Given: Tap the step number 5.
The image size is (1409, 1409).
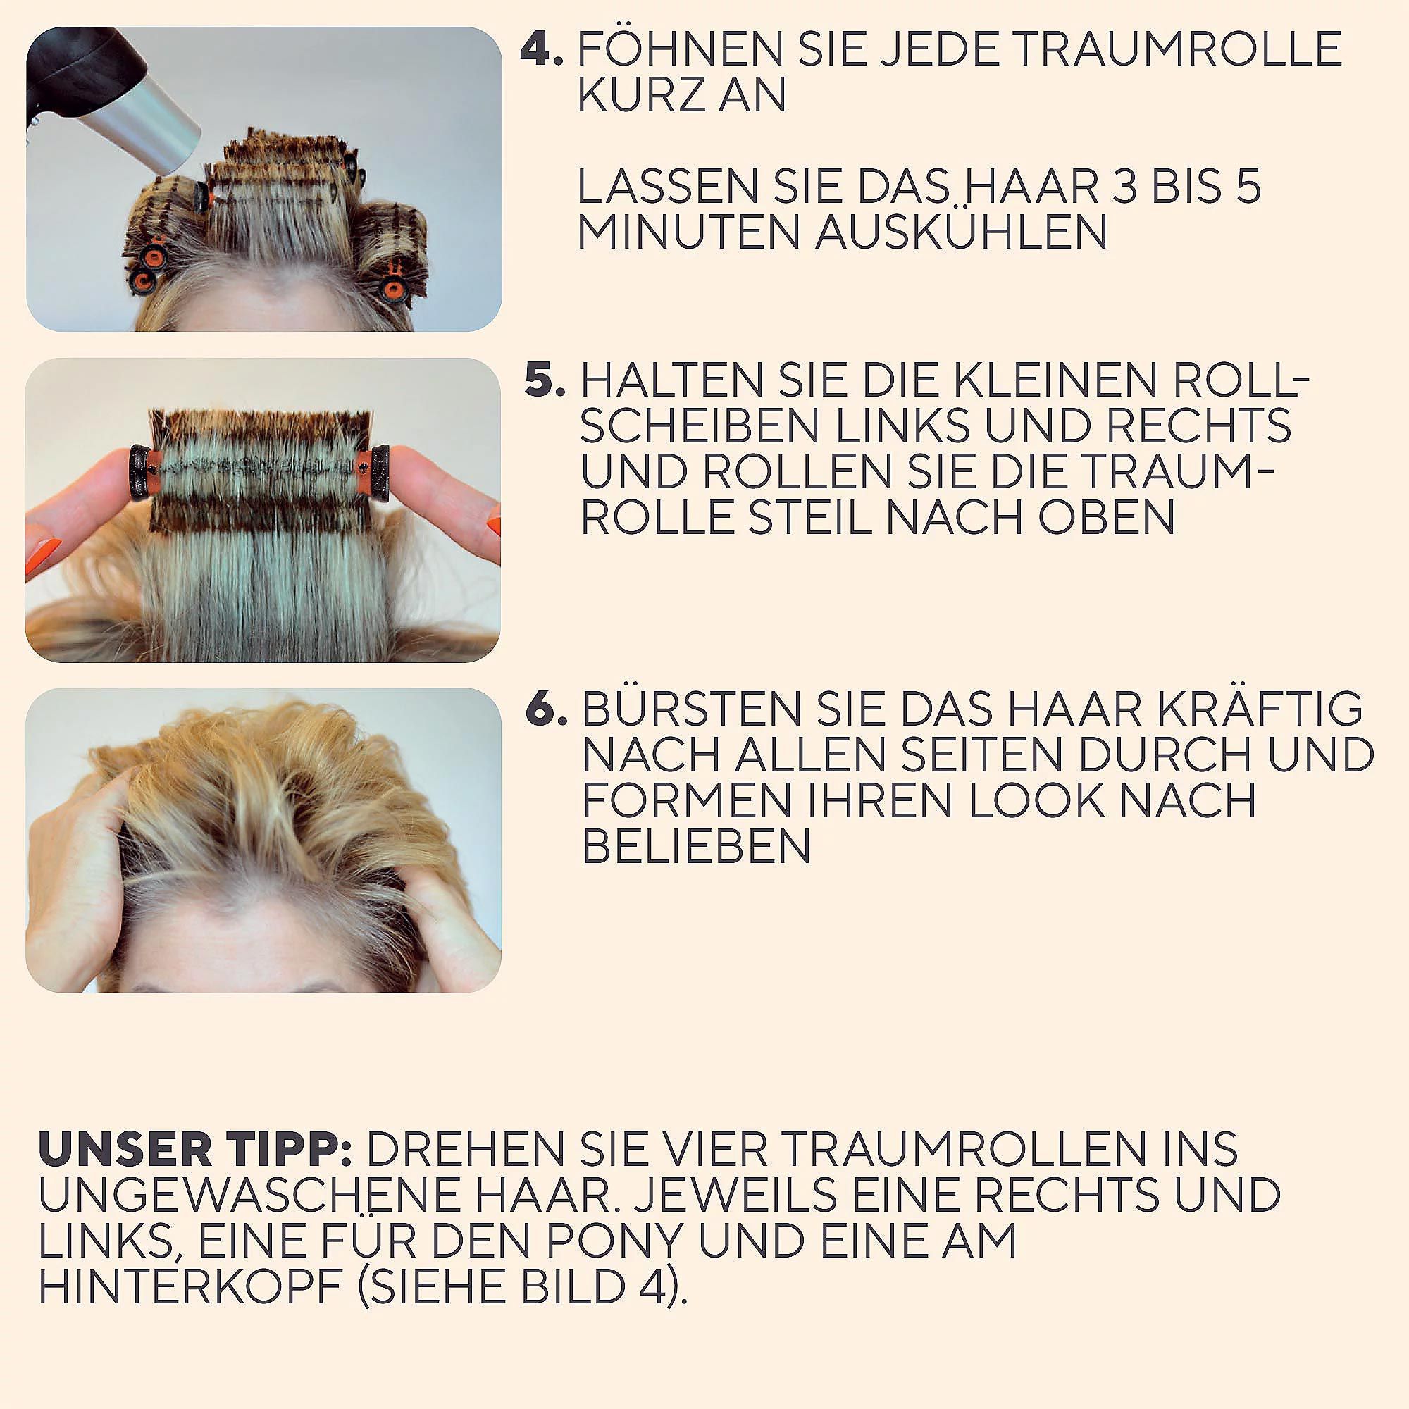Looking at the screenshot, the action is pos(545,379).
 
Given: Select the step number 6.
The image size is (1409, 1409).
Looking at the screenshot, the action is pos(546,709).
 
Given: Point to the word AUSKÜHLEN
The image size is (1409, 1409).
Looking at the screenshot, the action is pos(961,232).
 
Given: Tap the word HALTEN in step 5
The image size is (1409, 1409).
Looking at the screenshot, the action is pos(671,380).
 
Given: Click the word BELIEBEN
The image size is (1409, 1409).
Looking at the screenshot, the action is pos(697,846).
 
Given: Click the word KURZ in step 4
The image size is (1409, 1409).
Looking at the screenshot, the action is pos(638,95).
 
